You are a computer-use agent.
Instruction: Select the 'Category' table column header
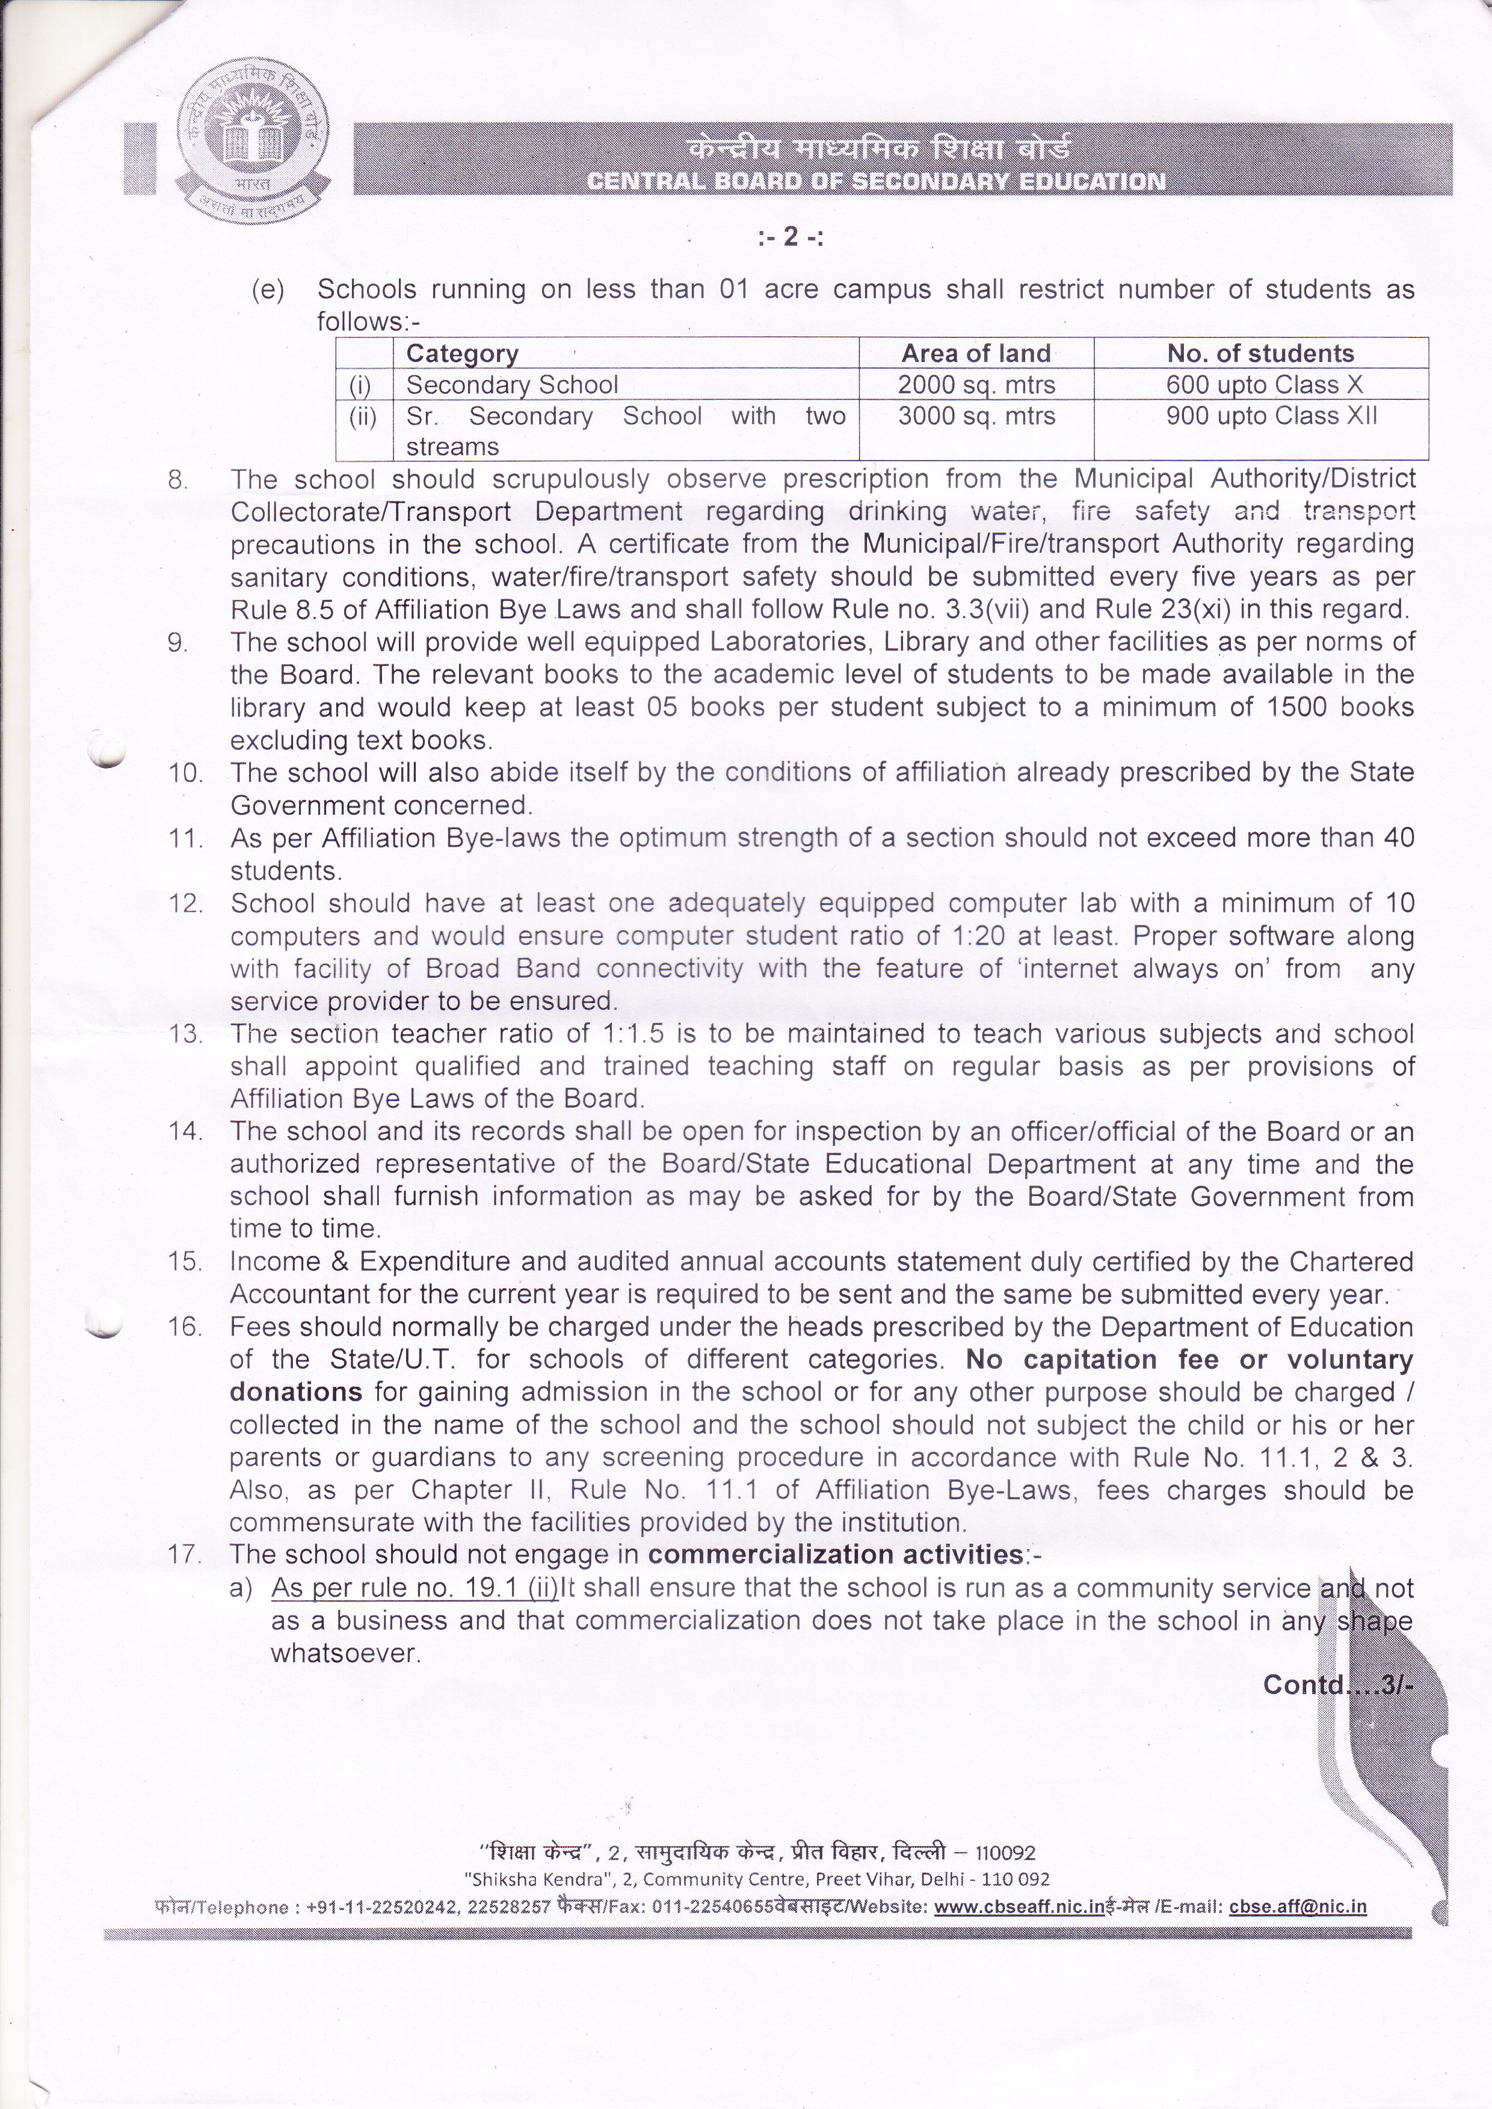pyautogui.click(x=462, y=354)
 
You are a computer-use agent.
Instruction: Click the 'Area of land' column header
pyautogui.click(x=976, y=354)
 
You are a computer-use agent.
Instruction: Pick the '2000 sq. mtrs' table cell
pyautogui.click(x=976, y=385)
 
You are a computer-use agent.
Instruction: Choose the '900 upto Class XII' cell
pyautogui.click(x=1271, y=416)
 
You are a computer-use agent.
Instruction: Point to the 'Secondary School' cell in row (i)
pyautogui.click(x=512, y=385)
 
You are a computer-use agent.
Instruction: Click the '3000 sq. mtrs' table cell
pyautogui.click(x=976, y=416)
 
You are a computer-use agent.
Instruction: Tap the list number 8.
pyautogui.click(x=178, y=480)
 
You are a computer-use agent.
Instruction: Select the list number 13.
pyautogui.click(x=185, y=1034)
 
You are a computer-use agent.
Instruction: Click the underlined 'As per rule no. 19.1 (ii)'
pyautogui.click(x=415, y=1588)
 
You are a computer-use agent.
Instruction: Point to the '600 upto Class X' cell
pyautogui.click(x=1264, y=385)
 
